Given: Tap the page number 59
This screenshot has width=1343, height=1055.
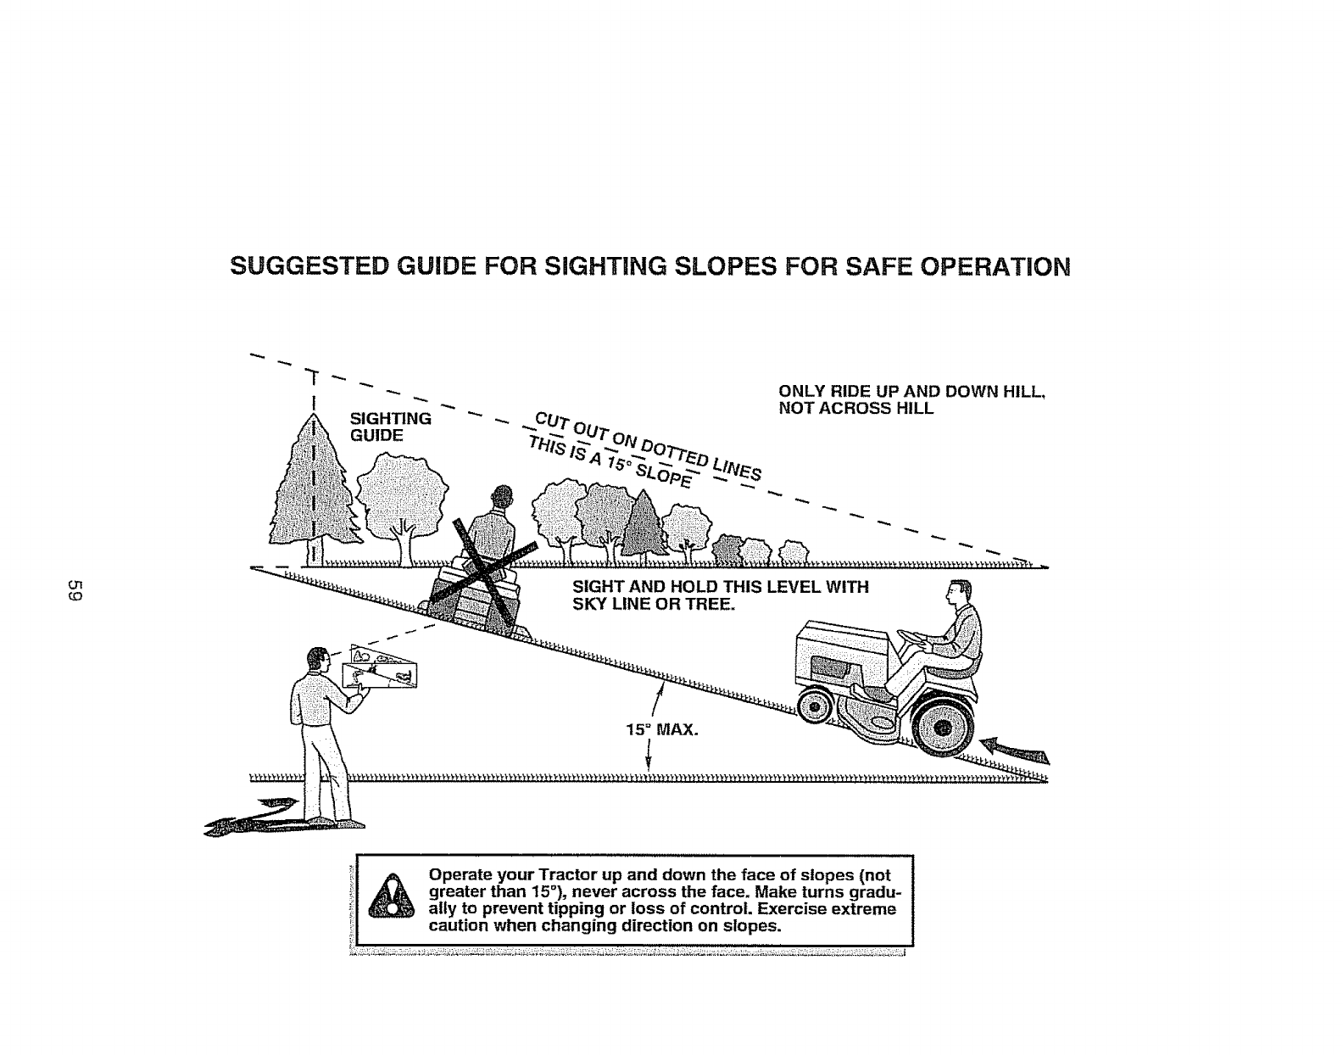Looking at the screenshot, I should click(x=75, y=592).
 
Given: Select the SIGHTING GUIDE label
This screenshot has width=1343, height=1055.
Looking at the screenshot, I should click(x=390, y=427).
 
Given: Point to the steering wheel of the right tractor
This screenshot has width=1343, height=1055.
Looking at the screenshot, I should click(x=911, y=633).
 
